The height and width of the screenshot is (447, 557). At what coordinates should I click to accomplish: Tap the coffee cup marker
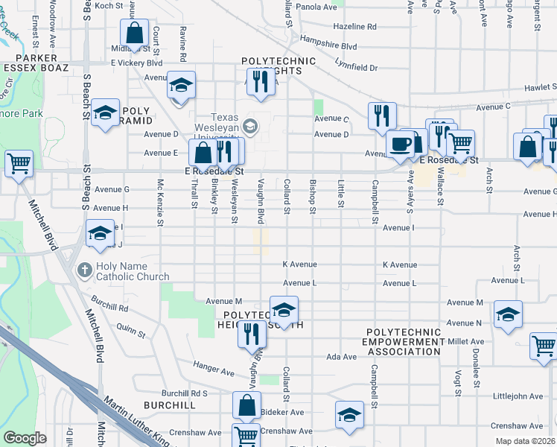pos(401,143)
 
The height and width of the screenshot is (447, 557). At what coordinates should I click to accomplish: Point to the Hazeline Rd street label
pos(355,26)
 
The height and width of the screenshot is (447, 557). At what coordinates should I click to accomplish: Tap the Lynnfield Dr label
pos(356,67)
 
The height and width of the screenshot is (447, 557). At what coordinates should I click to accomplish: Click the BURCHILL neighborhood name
pos(171,405)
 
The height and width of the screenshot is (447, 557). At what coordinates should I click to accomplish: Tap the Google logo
pos(25,438)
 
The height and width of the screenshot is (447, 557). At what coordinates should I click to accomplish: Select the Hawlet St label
pos(539,87)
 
